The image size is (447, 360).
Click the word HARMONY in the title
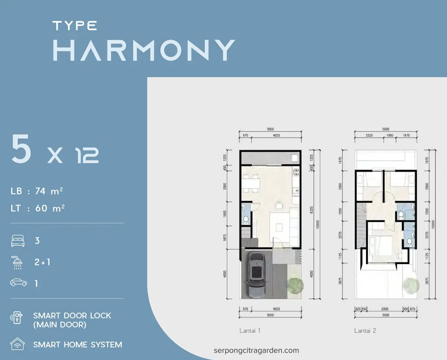[x=143, y=50]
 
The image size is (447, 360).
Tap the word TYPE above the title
[x=74, y=26]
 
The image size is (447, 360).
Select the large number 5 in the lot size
[x=21, y=149]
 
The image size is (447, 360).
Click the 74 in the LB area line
[x=40, y=191]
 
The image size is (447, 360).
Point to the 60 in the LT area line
[x=41, y=208]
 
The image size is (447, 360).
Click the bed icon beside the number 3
[x=18, y=241]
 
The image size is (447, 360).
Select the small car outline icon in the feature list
[x=18, y=283]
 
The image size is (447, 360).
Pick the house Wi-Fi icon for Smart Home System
[x=18, y=344]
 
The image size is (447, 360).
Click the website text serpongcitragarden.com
[x=256, y=350]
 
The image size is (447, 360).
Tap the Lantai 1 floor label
[x=250, y=331]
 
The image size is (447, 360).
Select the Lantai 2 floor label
[x=365, y=331]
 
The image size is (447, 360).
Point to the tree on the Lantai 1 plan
[x=295, y=285]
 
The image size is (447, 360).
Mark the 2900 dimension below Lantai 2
[x=385, y=309]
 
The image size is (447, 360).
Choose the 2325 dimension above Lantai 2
[x=369, y=135]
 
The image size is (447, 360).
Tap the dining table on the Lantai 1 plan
[x=251, y=183]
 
